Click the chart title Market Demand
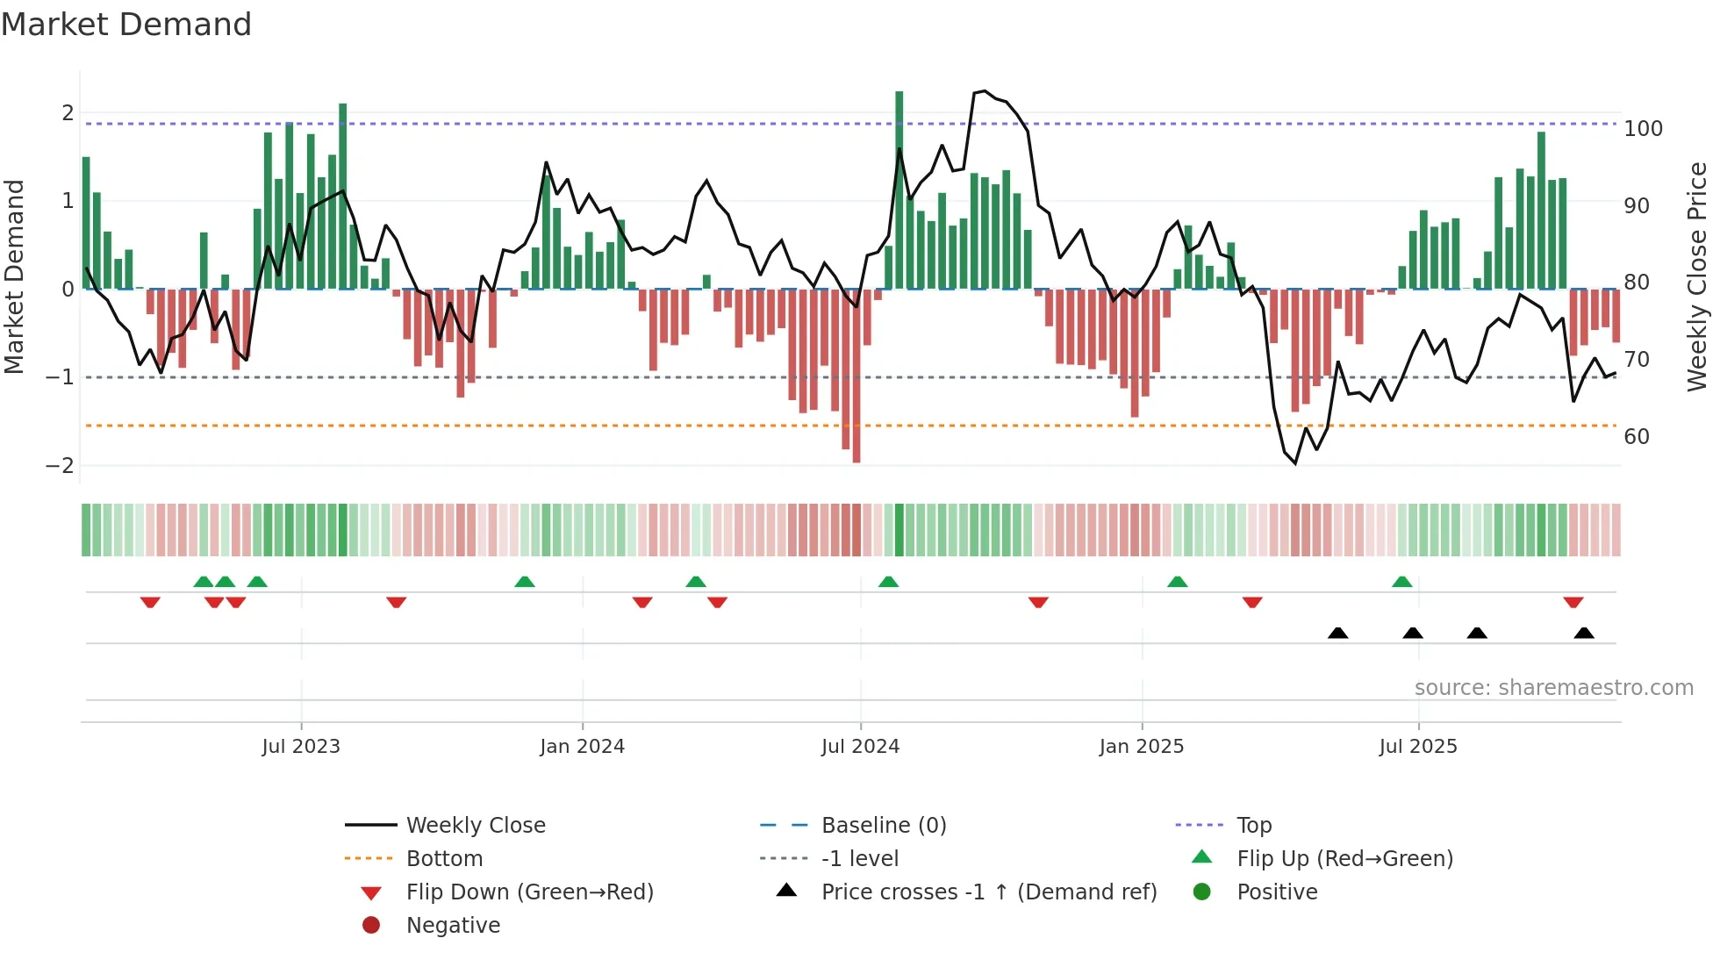coord(126,24)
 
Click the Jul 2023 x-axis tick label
coord(300,747)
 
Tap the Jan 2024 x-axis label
coord(582,747)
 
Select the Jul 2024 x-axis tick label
coord(860,747)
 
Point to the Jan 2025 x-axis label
coord(1141,747)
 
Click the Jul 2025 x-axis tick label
coord(1417,747)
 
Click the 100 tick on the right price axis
coord(1643,129)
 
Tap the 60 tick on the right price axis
coord(1636,437)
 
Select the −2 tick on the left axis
coord(60,466)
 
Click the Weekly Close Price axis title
coord(1697,276)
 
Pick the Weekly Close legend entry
coord(475,826)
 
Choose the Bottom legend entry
coord(444,859)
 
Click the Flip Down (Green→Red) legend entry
coord(529,892)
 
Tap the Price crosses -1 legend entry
coord(988,892)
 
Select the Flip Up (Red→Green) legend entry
coord(1344,859)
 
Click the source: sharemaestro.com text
coord(1553,688)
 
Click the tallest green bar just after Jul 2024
coord(899,189)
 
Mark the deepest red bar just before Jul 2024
coord(856,377)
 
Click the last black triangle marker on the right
coord(1584,633)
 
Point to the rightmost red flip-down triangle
coord(1573,602)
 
